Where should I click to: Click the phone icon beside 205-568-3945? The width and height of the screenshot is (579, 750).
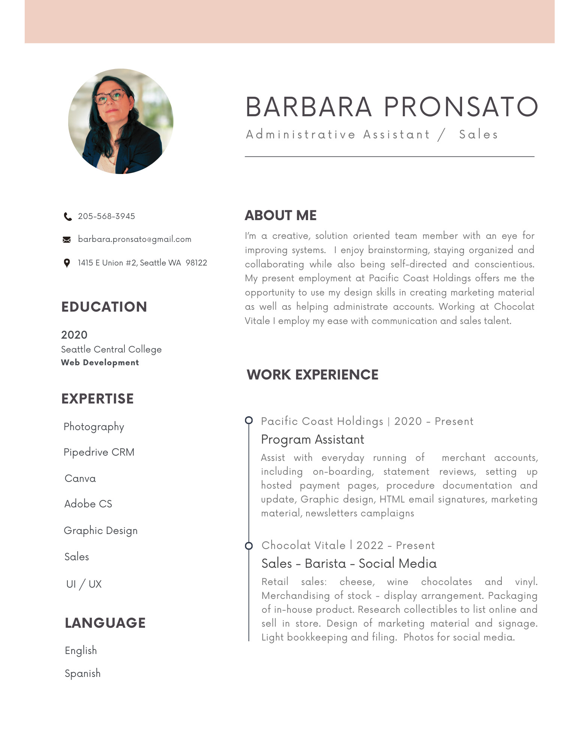click(x=68, y=217)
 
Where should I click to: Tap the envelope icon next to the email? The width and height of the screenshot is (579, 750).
click(x=67, y=240)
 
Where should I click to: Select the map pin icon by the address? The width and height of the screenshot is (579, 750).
click(x=67, y=263)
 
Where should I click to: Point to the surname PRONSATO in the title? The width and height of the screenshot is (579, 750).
click(x=461, y=107)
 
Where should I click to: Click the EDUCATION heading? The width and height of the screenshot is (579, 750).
click(x=104, y=307)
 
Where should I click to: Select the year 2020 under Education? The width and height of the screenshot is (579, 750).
click(x=74, y=335)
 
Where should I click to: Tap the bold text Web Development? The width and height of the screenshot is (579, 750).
click(x=100, y=363)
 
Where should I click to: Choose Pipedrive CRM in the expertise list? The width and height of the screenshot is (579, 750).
click(x=99, y=452)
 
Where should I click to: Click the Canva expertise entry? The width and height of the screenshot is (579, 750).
click(x=80, y=478)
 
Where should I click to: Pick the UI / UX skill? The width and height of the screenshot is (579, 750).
click(x=84, y=584)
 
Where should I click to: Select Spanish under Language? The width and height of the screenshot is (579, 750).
click(x=83, y=673)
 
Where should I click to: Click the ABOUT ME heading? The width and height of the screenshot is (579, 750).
click(x=281, y=216)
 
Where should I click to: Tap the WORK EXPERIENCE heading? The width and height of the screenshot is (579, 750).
click(x=313, y=375)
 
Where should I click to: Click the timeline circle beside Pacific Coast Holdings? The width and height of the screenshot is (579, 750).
click(x=249, y=420)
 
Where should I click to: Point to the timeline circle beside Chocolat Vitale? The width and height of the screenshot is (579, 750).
click(x=249, y=546)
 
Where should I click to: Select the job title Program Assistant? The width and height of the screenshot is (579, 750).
click(x=313, y=439)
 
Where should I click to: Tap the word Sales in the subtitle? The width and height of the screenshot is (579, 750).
click(x=479, y=135)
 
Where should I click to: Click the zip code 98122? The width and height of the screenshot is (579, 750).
click(x=196, y=263)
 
